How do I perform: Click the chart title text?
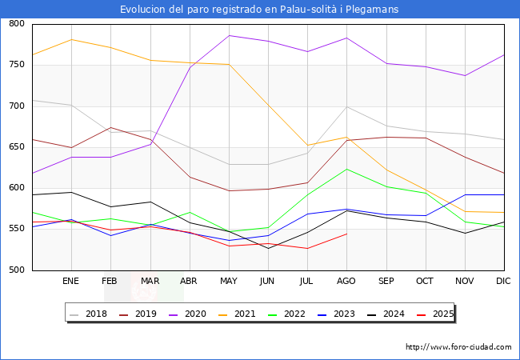point(259,9)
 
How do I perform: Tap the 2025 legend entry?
point(442,314)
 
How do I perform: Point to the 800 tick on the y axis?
point(17,24)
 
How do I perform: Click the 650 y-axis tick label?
point(17,147)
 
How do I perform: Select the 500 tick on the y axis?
point(17,270)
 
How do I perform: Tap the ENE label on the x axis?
point(71,282)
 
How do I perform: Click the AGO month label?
point(346,282)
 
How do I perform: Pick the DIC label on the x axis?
point(503,282)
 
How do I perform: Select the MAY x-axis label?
point(229,282)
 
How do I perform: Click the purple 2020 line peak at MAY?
point(229,35)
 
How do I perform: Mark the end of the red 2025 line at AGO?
point(346,234)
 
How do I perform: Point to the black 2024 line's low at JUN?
point(268,248)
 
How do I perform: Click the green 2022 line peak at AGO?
point(346,169)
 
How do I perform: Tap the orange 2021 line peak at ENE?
point(71,39)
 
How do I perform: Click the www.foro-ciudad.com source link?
point(458,347)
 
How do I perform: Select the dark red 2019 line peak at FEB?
point(110,127)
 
